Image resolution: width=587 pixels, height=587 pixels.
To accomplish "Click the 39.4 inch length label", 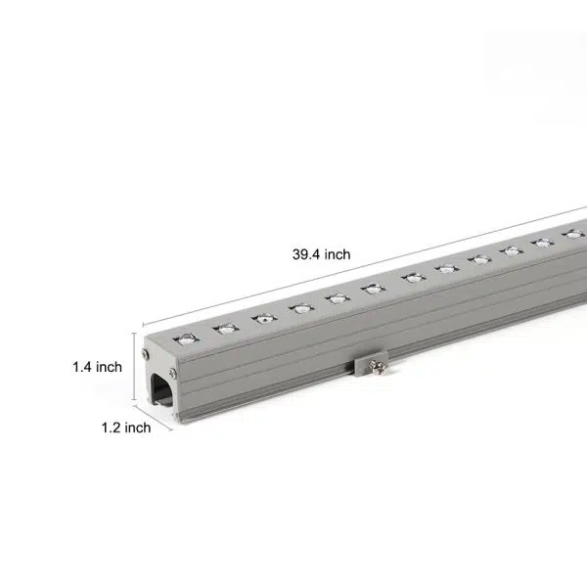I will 321,254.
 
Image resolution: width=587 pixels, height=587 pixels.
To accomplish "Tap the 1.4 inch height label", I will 96,367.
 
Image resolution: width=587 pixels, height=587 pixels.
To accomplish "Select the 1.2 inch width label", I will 125,427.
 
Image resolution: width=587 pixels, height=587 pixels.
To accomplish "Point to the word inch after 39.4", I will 336,254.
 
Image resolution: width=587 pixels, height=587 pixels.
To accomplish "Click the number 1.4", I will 81,367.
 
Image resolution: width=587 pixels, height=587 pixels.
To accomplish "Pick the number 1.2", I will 111,427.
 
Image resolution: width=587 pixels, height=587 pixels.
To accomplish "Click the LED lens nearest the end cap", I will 182,339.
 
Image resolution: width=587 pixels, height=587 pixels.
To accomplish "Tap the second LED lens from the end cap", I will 222,329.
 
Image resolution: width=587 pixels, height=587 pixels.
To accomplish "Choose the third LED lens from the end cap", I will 261,318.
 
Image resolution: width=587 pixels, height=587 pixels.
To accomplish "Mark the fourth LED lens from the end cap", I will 299,308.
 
